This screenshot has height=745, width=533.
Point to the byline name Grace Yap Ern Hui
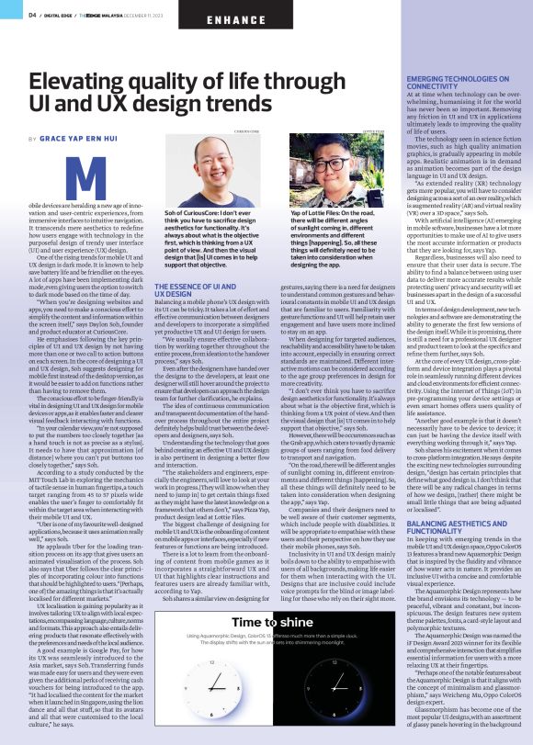(x=87, y=139)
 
